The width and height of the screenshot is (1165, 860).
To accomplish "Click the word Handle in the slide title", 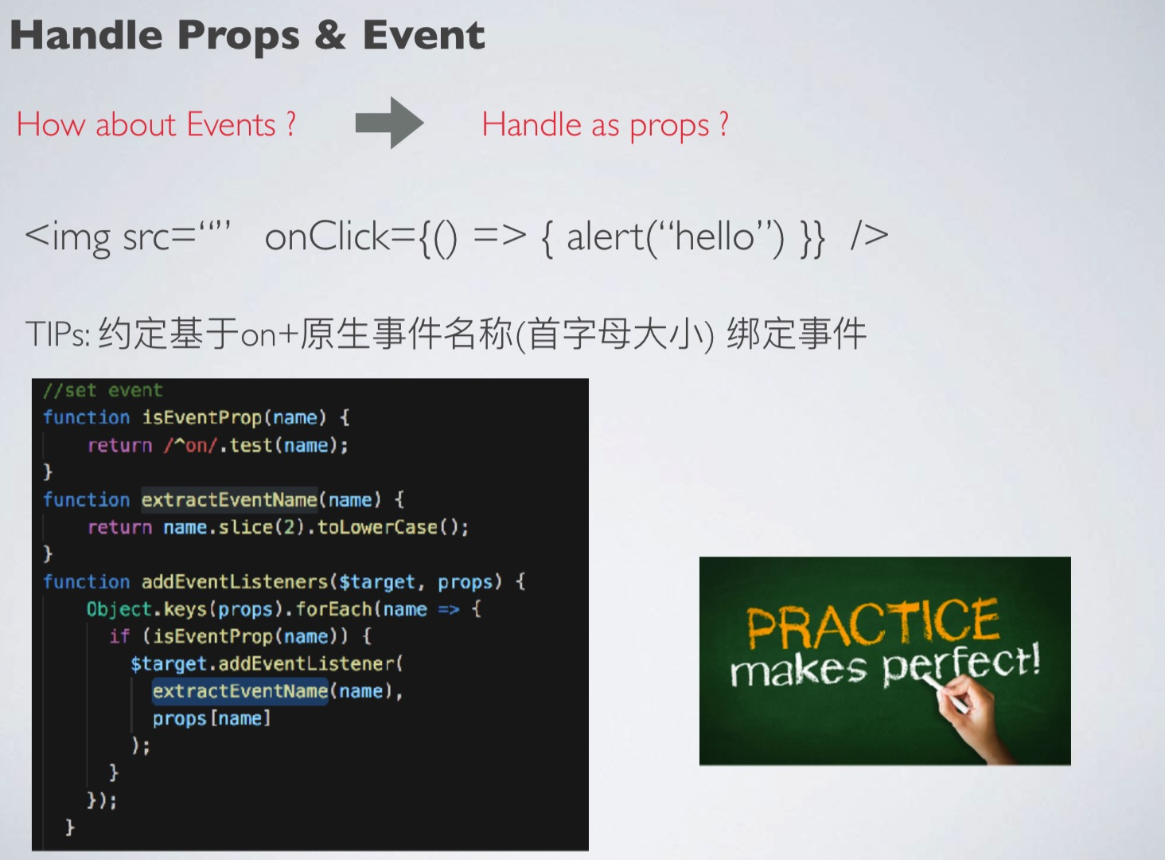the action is [x=87, y=35].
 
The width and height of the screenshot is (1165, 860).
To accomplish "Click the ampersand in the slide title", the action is [x=330, y=35].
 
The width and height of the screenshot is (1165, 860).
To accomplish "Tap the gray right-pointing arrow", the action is [x=390, y=123].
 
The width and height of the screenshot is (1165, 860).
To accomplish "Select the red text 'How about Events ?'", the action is [x=156, y=124].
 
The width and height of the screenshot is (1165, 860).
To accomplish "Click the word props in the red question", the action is [x=669, y=127].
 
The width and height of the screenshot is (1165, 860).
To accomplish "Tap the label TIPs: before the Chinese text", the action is [x=58, y=334].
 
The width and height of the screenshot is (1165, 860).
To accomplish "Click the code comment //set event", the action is [x=103, y=390].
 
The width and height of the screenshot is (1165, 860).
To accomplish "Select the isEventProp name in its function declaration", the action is [x=202, y=417].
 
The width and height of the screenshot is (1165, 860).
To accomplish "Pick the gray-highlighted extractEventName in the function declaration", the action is [x=229, y=500].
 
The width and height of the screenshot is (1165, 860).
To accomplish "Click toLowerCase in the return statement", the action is [x=377, y=527].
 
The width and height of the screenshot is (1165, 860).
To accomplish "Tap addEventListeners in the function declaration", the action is [x=235, y=581].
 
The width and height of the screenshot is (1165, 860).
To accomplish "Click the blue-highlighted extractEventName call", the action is [x=240, y=691].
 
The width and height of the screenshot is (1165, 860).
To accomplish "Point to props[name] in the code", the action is [x=211, y=719].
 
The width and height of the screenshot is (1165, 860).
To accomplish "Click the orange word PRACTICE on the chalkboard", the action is [x=873, y=623].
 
